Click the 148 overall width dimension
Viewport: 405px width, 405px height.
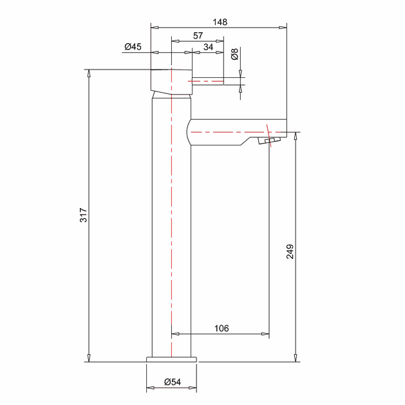point(220,22)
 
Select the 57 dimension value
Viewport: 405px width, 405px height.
point(198,35)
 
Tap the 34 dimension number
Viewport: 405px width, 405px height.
point(208,47)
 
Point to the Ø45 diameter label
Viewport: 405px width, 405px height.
point(133,47)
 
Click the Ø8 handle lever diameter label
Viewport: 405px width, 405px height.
point(235,54)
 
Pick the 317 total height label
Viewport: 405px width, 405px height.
point(84,214)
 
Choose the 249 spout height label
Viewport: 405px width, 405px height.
point(290,251)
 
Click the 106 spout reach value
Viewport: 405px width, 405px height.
point(221,328)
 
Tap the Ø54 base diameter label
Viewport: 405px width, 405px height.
point(173,382)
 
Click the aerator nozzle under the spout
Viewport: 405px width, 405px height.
point(269,141)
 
